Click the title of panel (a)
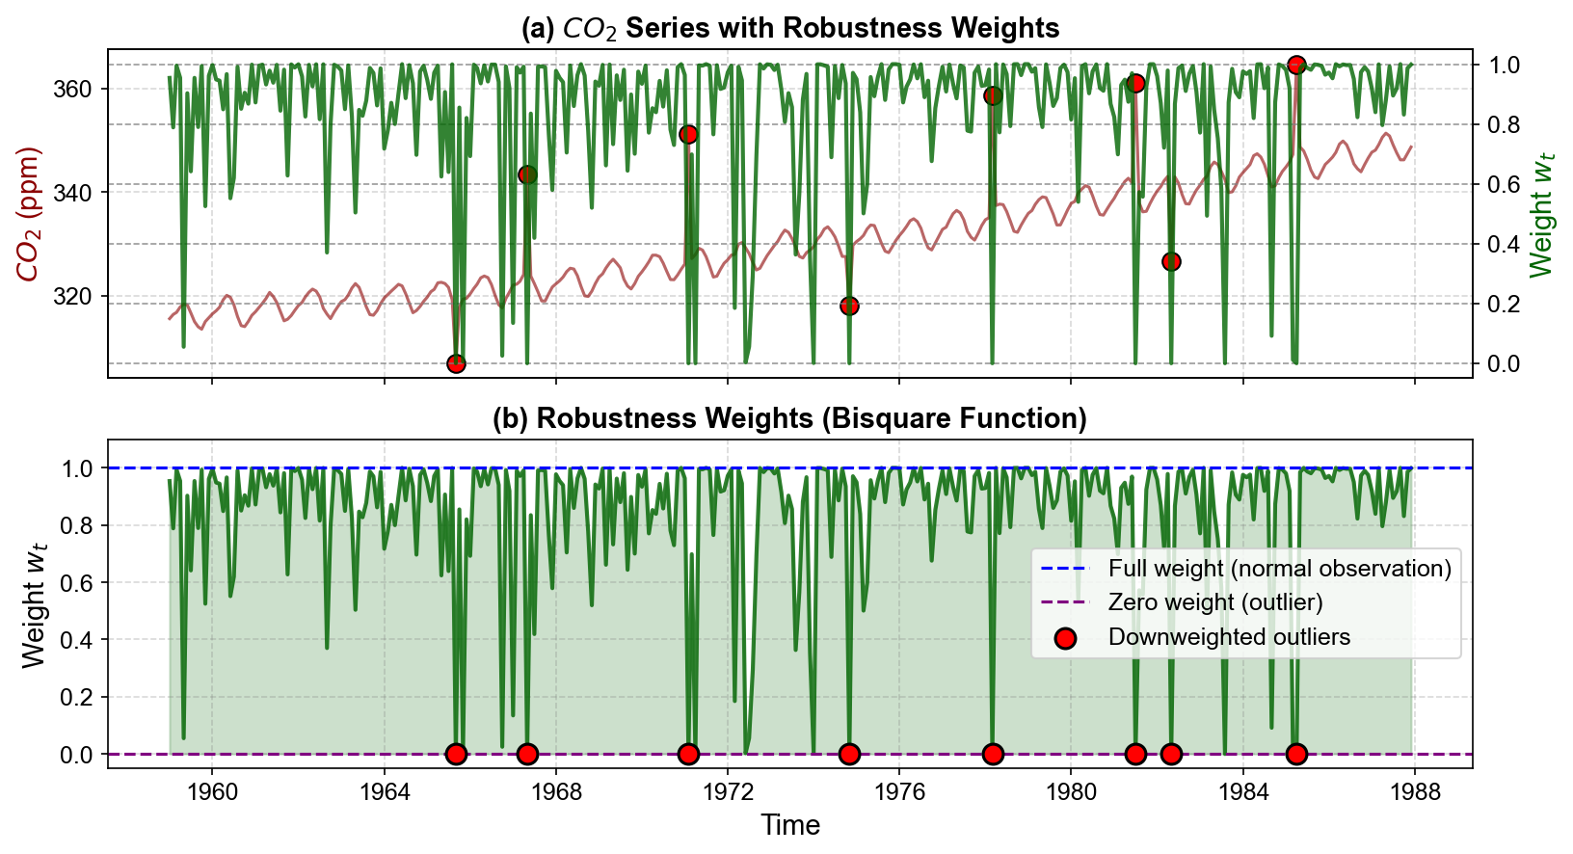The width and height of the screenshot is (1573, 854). pyautogui.click(x=789, y=28)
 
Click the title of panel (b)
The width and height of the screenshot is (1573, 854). pyautogui.click(x=789, y=418)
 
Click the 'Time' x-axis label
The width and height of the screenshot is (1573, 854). pyautogui.click(x=789, y=825)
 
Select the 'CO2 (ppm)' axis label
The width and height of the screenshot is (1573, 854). pyautogui.click(x=29, y=214)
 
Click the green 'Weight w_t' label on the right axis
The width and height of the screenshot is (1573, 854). pyautogui.click(x=1542, y=214)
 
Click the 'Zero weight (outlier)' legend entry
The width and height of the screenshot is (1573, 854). pyautogui.click(x=1214, y=602)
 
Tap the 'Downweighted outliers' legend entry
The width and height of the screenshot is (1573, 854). pyautogui.click(x=1229, y=637)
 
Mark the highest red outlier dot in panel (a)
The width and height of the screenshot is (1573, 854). pyautogui.click(x=1296, y=65)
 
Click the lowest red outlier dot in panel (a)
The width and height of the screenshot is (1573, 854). pyautogui.click(x=456, y=363)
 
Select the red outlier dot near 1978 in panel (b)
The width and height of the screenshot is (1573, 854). pyautogui.click(x=993, y=754)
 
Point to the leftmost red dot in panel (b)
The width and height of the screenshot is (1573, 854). pyautogui.click(x=456, y=754)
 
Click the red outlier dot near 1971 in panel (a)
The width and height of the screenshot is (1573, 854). pyautogui.click(x=688, y=134)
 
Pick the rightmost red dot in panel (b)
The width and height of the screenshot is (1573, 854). pyautogui.click(x=1296, y=754)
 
